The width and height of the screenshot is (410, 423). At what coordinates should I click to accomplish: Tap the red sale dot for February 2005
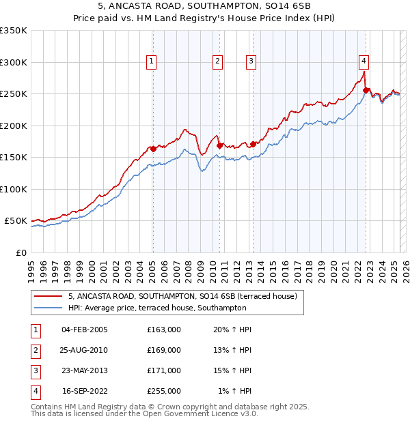[153, 149]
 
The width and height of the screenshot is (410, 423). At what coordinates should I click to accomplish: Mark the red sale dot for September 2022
[366, 90]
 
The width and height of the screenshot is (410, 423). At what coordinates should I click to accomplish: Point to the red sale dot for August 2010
[220, 145]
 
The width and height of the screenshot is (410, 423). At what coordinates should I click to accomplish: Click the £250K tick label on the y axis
[14, 93]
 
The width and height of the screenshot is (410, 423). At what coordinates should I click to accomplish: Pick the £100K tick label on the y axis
[14, 189]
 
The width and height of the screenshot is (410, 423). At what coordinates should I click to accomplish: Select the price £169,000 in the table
[164, 350]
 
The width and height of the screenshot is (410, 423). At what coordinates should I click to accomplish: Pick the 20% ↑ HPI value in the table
[234, 330]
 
